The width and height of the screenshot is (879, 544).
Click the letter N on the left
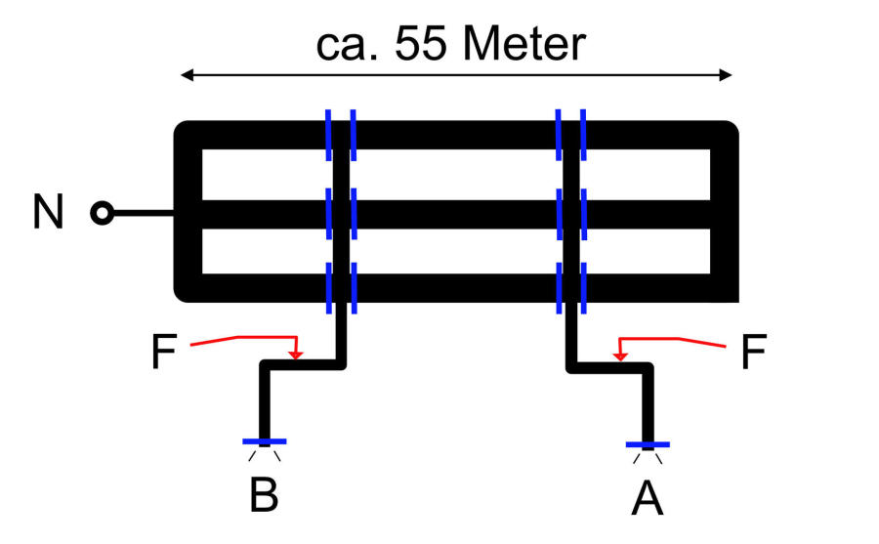[x=48, y=212]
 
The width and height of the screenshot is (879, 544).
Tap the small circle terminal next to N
[x=101, y=213]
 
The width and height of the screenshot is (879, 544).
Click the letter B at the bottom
[x=263, y=495]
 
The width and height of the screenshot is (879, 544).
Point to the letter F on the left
[x=164, y=353]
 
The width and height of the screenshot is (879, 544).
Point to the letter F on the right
[x=752, y=353]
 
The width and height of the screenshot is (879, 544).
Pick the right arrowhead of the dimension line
[x=726, y=75]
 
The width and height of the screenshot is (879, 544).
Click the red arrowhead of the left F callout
[x=298, y=354]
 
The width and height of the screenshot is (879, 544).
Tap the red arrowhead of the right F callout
[x=617, y=354]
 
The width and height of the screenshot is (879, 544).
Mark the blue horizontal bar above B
[x=263, y=441]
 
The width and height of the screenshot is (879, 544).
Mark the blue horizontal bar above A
[x=648, y=444]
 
